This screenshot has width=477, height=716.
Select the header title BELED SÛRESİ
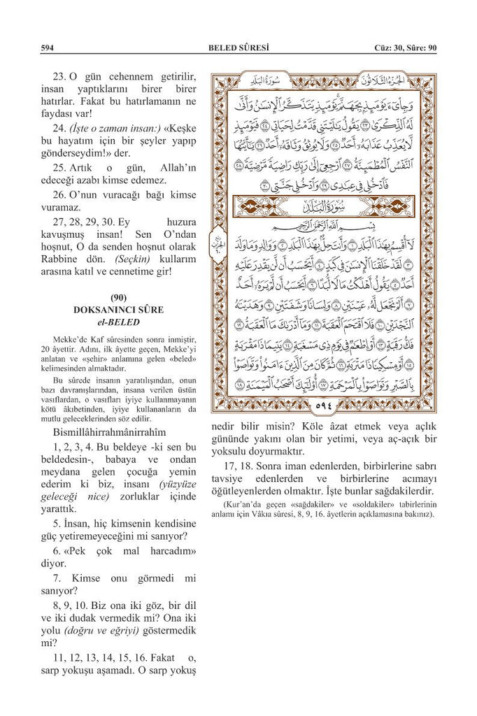coord(239,48)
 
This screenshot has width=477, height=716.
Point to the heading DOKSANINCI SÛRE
coord(118,310)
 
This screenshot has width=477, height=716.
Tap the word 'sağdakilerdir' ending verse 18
coord(404,493)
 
